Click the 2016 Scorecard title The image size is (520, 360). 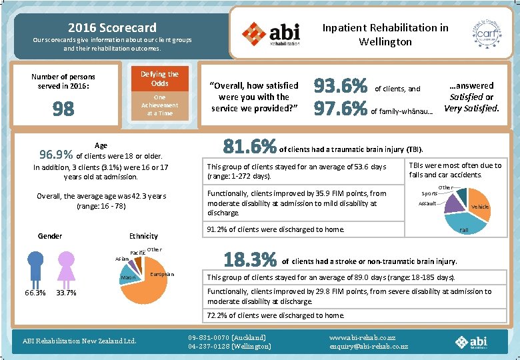112,28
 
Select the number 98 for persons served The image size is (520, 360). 63,109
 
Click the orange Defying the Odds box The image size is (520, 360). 160,79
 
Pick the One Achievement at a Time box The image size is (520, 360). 160,105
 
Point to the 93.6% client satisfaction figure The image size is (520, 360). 341,87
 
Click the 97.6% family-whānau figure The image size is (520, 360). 341,108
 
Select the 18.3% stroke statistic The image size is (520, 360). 250,259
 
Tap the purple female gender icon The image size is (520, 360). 65,268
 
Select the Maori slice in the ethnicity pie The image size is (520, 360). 129,276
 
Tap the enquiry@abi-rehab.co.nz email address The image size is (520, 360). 369,347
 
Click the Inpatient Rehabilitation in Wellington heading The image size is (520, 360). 385,35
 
